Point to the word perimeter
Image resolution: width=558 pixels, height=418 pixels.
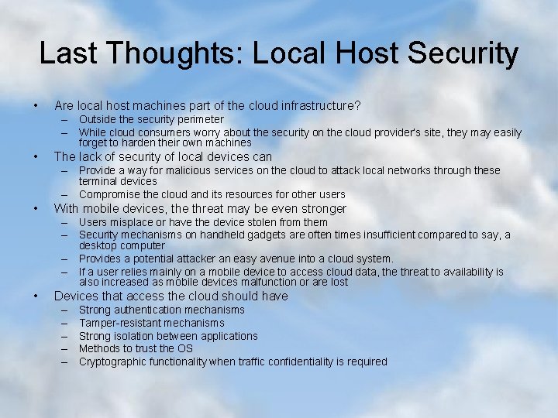[197, 119]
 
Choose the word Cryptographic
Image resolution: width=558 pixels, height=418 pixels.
[114, 361]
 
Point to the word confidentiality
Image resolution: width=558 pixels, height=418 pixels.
[302, 361]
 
